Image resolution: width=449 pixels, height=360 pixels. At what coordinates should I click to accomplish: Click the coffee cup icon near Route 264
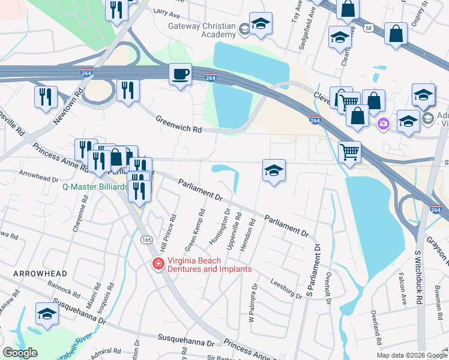pyautogui.click(x=180, y=75)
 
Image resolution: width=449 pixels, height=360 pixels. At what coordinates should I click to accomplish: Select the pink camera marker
pyautogui.click(x=383, y=124)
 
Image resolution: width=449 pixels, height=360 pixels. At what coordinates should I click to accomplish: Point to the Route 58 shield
pyautogui.click(x=369, y=28)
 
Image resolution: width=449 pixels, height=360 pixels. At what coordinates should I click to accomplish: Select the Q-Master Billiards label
pyautogui.click(x=95, y=187)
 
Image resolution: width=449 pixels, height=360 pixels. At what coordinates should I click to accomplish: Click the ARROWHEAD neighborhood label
pyautogui.click(x=37, y=274)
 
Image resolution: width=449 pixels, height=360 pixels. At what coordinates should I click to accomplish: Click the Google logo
pyautogui.click(x=20, y=353)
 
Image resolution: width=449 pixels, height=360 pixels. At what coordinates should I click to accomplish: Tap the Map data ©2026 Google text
pyautogui.click(x=411, y=355)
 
